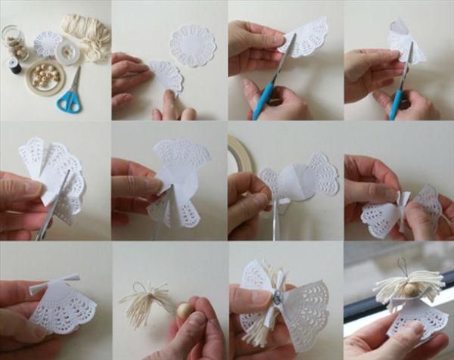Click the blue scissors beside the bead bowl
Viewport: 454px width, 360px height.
70,95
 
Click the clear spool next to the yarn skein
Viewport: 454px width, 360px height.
67,51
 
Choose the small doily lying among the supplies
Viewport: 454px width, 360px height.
47,42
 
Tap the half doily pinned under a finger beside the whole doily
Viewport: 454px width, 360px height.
165,76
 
